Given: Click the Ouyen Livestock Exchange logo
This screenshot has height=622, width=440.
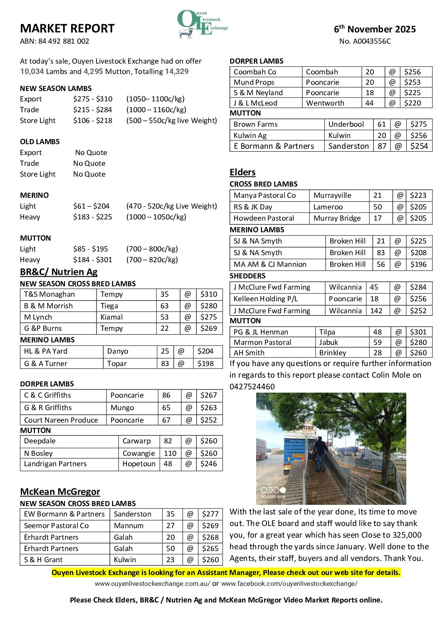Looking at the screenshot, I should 202,24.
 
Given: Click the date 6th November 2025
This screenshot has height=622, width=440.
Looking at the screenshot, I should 375,29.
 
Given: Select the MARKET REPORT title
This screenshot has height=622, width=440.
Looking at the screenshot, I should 67,29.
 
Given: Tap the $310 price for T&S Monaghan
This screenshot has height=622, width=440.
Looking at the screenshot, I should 208,294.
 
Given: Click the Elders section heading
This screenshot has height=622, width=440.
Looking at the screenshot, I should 242,172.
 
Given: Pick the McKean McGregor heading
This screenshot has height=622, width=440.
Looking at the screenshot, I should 60,492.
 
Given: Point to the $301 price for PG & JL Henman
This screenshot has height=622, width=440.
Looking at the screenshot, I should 418,332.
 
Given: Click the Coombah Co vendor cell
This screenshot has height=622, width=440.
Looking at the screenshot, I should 255,72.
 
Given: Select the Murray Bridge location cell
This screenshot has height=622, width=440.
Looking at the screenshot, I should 337,218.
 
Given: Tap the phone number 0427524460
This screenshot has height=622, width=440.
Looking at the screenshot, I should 252,386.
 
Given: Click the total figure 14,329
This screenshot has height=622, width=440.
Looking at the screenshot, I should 177,71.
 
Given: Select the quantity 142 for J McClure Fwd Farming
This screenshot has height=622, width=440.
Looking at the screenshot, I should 376,310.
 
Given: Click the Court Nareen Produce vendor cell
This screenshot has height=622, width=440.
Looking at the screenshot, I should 61,420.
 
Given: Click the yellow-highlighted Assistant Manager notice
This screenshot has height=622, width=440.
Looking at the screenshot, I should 226,573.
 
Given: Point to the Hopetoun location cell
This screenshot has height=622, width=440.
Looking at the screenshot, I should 139,464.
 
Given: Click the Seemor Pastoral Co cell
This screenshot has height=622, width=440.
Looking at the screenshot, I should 56,526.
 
